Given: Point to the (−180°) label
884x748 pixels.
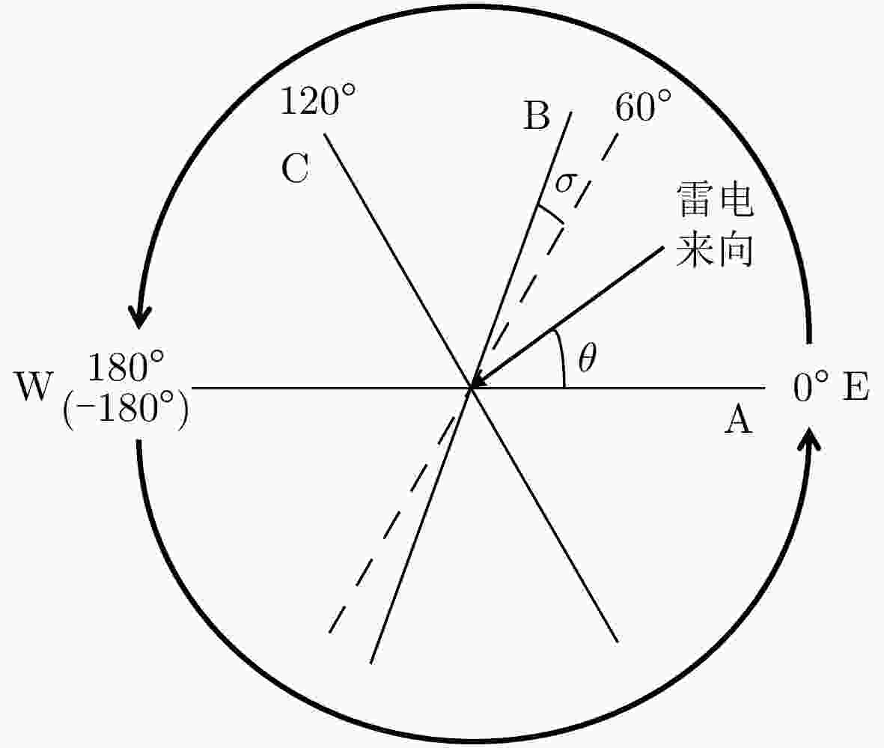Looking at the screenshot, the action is click(126, 408).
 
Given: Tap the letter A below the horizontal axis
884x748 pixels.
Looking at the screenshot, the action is click(738, 420).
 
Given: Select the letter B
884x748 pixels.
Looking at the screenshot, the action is click(536, 115).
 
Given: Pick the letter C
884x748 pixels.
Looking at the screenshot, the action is click(295, 168).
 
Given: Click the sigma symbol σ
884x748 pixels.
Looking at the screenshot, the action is click(565, 182).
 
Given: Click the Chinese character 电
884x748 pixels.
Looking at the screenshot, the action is click(736, 199).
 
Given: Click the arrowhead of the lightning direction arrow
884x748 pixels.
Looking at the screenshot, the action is click(478, 381).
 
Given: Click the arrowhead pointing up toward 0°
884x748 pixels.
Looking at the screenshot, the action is click(811, 438).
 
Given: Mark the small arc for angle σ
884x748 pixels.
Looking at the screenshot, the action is click(549, 213).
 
